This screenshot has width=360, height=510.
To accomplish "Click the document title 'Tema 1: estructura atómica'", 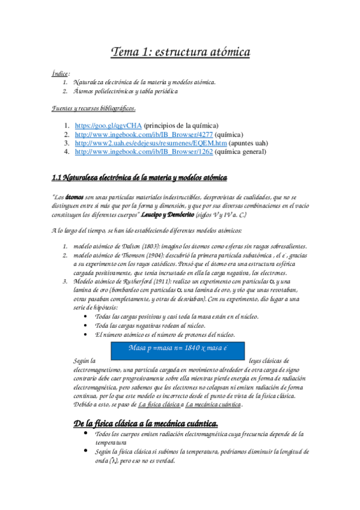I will (180, 53).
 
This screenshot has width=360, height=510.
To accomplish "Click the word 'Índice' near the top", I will (60, 73).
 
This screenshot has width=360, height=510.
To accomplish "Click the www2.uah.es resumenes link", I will (151, 144).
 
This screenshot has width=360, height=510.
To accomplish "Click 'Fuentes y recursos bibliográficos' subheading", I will (93, 108).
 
